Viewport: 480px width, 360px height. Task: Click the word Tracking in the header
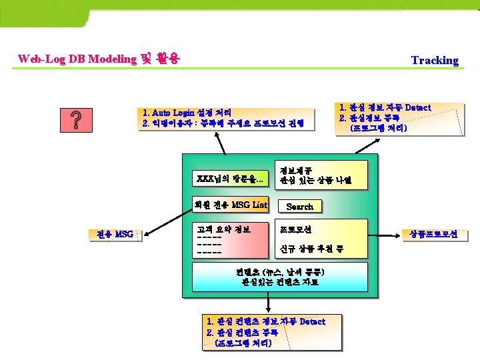coord(435,60)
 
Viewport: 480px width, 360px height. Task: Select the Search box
coord(299,207)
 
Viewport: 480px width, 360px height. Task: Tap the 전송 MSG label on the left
coord(115,234)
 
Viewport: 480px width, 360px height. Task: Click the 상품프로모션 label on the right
coord(437,235)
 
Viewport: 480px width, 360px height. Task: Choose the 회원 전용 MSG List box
coord(230,205)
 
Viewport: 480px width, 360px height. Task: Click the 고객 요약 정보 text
coord(223,229)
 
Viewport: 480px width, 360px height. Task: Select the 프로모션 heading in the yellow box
coord(296,229)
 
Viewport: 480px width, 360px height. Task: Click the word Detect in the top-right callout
coord(418,107)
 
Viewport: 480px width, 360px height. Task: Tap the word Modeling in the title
coord(110,59)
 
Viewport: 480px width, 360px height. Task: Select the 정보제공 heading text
coord(297,170)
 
